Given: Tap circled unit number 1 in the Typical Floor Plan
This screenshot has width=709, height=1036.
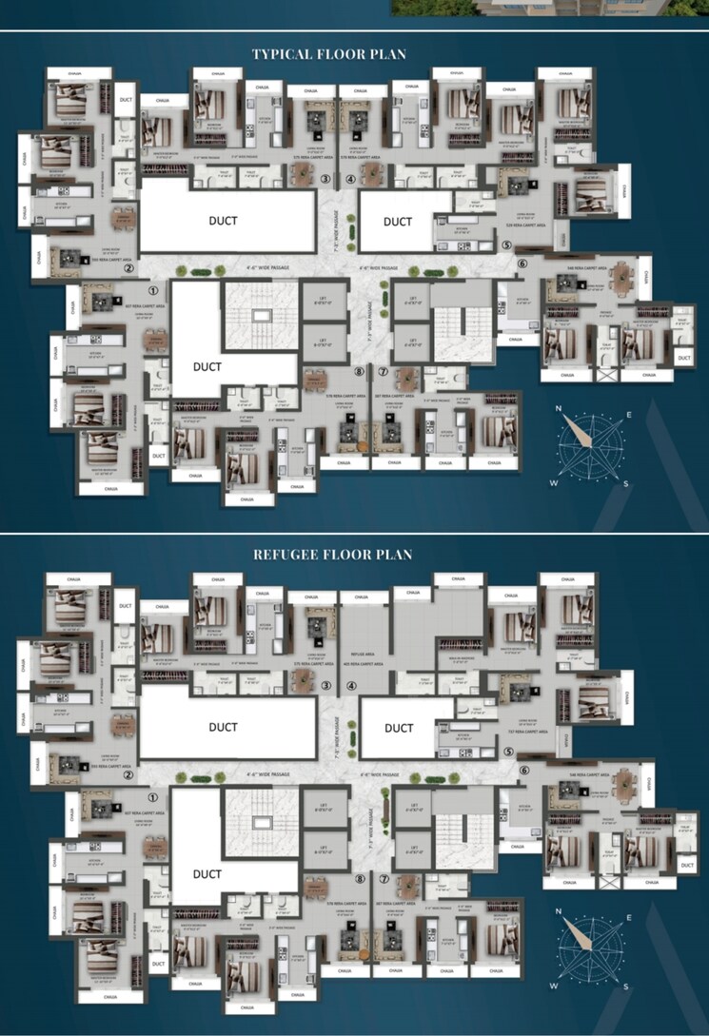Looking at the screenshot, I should tap(151, 288).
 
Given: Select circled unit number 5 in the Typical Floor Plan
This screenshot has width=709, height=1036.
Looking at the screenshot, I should tap(506, 244).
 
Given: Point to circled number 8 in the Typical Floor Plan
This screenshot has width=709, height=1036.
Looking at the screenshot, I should tap(359, 371).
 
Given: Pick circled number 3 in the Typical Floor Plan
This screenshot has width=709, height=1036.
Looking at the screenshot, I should tap(325, 179).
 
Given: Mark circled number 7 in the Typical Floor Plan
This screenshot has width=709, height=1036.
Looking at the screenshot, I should tap(383, 371).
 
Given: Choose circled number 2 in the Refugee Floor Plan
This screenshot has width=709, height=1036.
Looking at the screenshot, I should tap(127, 774).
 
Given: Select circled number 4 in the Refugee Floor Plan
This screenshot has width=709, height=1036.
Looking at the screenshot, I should tap(350, 685).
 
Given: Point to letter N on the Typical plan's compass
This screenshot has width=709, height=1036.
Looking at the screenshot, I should tap(561, 410).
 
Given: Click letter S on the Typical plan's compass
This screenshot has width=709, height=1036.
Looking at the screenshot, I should tap(625, 483).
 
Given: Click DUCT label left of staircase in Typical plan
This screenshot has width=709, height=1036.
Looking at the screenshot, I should tap(207, 366).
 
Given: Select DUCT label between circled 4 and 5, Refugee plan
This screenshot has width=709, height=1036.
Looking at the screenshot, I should tap(398, 728).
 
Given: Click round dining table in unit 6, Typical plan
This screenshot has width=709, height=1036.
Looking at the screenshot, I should tap(620, 277).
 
